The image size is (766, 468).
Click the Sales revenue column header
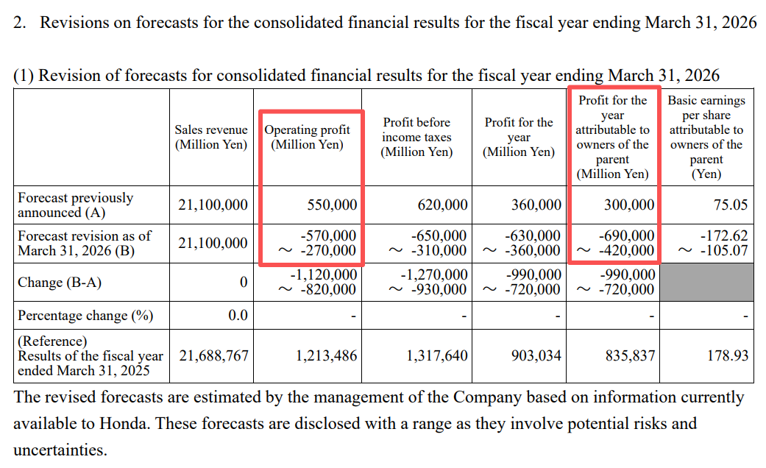click(211, 138)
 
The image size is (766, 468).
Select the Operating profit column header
click(308, 138)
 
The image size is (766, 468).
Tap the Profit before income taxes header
click(416, 137)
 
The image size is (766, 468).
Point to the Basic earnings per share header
click(706, 138)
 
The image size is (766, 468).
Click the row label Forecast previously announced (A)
click(76, 205)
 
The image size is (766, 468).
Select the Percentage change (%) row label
click(85, 316)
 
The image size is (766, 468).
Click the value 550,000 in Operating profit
click(332, 205)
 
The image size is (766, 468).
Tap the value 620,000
click(442, 205)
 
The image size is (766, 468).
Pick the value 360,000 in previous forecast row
click(536, 205)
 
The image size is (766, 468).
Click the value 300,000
click(629, 205)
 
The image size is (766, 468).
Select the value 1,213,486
click(326, 356)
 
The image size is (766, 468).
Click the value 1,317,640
click(436, 356)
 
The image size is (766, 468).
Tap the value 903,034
click(536, 356)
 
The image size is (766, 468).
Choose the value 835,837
click(629, 356)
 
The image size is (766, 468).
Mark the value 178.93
click(728, 356)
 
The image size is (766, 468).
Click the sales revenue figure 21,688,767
click(213, 356)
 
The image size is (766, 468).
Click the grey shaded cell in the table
click(706, 283)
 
